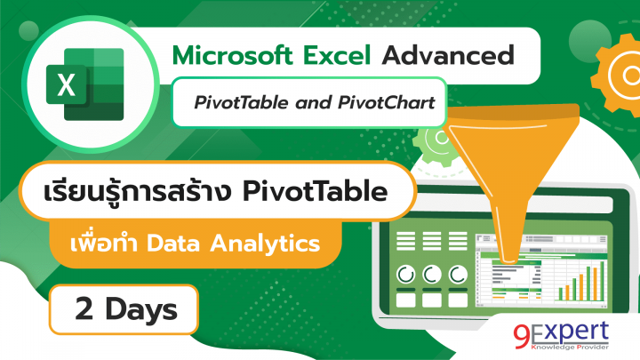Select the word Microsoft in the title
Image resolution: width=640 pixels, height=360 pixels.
tap(229, 55)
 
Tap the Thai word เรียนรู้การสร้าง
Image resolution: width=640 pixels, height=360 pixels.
tap(131, 192)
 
